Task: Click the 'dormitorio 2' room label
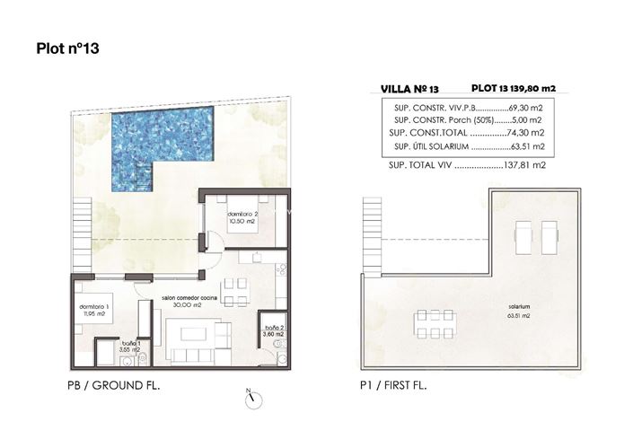243,215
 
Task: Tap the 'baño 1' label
132,344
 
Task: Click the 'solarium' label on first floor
517,306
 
